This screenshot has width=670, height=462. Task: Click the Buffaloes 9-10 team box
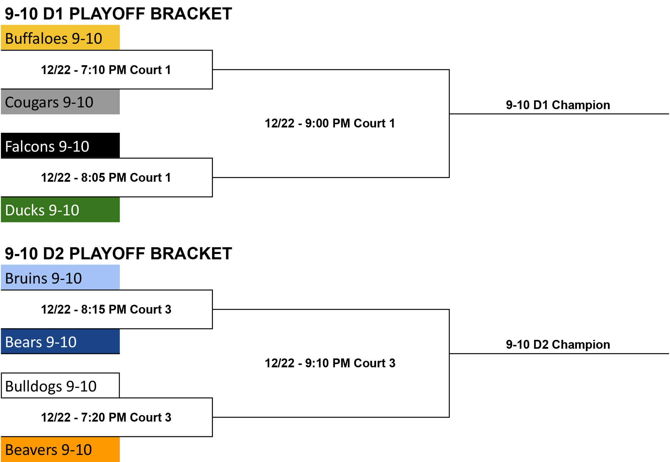point(60,37)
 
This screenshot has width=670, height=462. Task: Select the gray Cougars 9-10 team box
point(60,102)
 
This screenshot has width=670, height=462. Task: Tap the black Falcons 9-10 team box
point(60,145)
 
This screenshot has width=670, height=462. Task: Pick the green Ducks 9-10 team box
point(60,209)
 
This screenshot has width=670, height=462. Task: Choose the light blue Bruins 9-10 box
point(60,277)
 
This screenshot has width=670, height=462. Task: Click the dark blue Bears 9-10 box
point(60,341)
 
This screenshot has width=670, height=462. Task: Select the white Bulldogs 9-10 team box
point(60,386)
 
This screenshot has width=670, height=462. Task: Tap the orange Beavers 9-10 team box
point(60,449)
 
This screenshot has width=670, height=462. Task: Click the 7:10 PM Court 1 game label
point(106,70)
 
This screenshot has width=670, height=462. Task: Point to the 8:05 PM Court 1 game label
point(106,178)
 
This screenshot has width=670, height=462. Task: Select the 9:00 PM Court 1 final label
point(330,123)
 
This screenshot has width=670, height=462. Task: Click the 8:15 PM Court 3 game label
point(106,309)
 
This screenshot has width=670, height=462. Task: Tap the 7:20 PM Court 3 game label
point(106,417)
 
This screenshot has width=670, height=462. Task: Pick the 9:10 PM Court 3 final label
point(330,363)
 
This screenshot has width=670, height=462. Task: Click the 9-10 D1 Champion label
point(558,105)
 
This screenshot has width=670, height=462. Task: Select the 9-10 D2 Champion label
point(558,345)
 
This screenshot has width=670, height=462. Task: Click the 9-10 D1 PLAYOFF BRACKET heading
point(119,14)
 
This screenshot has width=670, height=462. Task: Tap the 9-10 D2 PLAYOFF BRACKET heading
point(119,253)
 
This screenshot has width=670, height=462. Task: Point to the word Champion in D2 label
point(581,345)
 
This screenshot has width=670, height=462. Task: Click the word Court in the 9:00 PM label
point(370,123)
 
